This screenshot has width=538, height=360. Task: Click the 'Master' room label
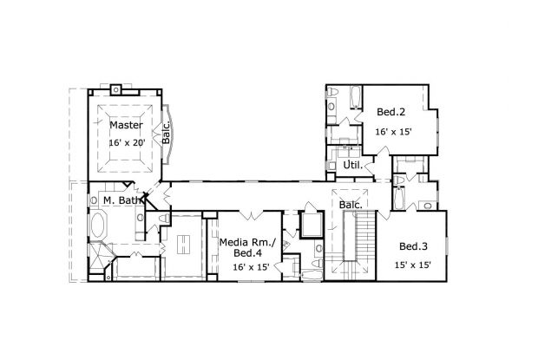(x=126, y=125)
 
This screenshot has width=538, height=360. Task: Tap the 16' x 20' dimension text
(x=126, y=141)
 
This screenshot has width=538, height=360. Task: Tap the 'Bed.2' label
(x=391, y=112)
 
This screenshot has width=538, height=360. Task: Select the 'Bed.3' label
(x=410, y=245)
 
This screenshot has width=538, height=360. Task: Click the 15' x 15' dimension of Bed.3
(x=411, y=265)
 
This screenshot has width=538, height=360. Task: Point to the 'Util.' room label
(x=353, y=164)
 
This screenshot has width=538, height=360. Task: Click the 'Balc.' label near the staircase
(x=351, y=205)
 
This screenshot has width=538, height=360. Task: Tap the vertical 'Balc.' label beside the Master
(x=165, y=133)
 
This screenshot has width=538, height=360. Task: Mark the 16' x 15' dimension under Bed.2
(x=392, y=131)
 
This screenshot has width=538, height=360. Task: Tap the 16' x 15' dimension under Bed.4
(x=250, y=268)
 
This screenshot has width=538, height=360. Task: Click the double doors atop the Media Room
(x=252, y=214)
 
